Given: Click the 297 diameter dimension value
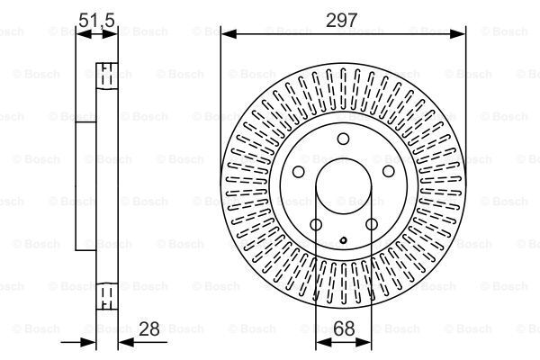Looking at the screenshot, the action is point(342,20).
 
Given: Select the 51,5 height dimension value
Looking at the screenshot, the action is point(96,20).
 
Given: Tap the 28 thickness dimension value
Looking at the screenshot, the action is point(149,328).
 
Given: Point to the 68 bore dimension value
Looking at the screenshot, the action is point(344,328).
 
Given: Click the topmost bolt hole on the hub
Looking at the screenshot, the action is point(343,139).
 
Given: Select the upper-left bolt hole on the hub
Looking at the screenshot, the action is point(298,172).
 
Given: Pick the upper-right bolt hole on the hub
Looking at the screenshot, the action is point(389,171).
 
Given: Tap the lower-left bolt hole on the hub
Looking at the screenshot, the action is point(316,225).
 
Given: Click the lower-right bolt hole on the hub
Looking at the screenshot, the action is point(372,225).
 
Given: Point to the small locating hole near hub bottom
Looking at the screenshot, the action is point(343,240).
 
